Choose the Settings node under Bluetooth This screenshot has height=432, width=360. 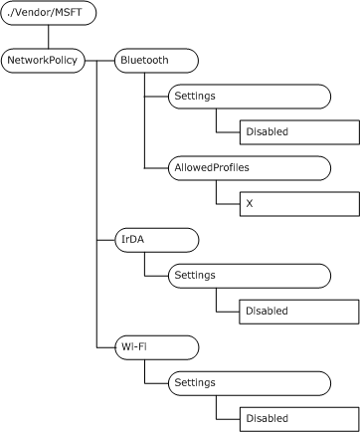pos(249,96)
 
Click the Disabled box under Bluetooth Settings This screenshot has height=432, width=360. pos(298,131)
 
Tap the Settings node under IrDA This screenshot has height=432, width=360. pos(249,275)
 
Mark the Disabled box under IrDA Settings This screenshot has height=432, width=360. pos(298,311)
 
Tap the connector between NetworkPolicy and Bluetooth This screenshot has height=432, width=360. pos(99,60)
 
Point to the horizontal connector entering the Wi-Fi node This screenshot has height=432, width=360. pos(105,346)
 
